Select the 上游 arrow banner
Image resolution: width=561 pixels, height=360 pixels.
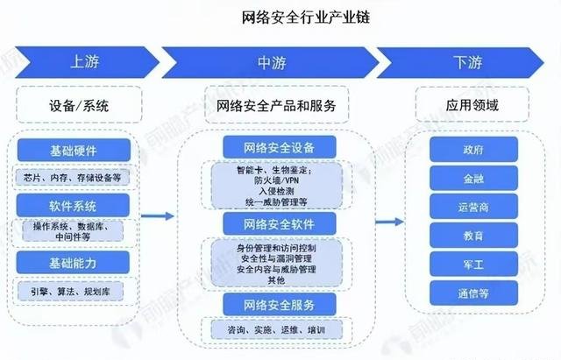click(x=83, y=62)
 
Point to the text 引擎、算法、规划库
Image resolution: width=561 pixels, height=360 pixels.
click(x=74, y=291)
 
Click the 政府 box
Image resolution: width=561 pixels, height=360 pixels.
click(x=472, y=150)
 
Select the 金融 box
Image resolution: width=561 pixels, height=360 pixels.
click(x=472, y=178)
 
